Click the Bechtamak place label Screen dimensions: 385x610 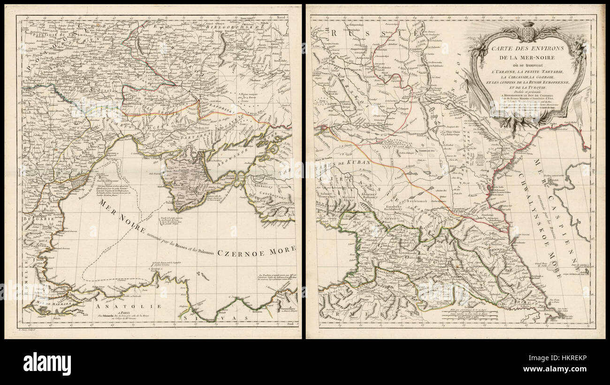pos(411,200)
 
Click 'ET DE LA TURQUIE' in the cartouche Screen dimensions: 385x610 pos(524,87)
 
